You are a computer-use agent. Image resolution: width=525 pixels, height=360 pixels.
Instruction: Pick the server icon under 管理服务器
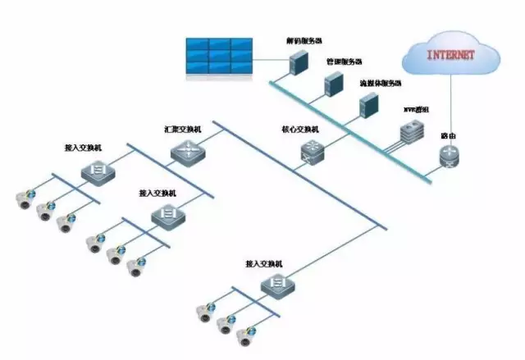332,83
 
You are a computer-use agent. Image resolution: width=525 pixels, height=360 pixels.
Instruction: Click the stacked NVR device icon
410,132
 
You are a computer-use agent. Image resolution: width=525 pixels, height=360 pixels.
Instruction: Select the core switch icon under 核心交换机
312,150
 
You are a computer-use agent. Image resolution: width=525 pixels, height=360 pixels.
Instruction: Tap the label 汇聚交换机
182,130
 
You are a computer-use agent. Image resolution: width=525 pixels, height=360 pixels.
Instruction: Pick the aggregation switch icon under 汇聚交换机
184,151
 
